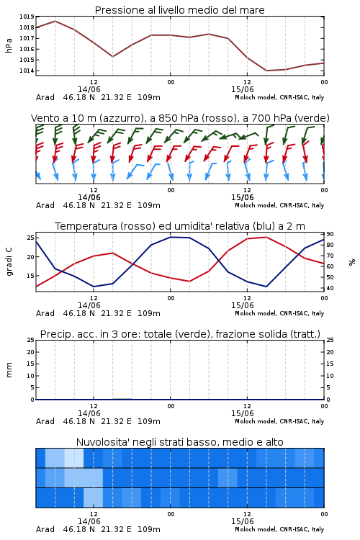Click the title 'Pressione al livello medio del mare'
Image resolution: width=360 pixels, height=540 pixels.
pyautogui.click(x=179, y=10)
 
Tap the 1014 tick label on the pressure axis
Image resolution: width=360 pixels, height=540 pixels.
pyautogui.click(x=27, y=71)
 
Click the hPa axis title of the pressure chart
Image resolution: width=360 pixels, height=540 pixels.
pyautogui.click(x=9, y=45)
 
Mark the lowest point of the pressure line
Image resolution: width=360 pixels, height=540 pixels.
pyautogui.click(x=266, y=71)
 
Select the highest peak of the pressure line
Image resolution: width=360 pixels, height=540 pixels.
pyautogui.click(x=55, y=21)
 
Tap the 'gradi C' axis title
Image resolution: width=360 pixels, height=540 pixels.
pyautogui.click(x=9, y=262)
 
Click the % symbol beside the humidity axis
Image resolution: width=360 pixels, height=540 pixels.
pyautogui.click(x=352, y=262)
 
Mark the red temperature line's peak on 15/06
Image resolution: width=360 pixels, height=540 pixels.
pyautogui.click(x=266, y=237)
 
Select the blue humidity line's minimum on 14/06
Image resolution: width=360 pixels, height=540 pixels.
pyautogui.click(x=94, y=287)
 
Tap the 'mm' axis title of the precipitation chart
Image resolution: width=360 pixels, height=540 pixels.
pyautogui.click(x=9, y=370)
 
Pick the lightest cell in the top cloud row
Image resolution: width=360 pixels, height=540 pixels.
pyautogui.click(x=74, y=458)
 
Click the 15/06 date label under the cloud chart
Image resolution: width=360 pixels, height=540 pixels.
pyautogui.click(x=243, y=521)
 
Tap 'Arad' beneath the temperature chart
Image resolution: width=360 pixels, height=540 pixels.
pyautogui.click(x=45, y=313)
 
